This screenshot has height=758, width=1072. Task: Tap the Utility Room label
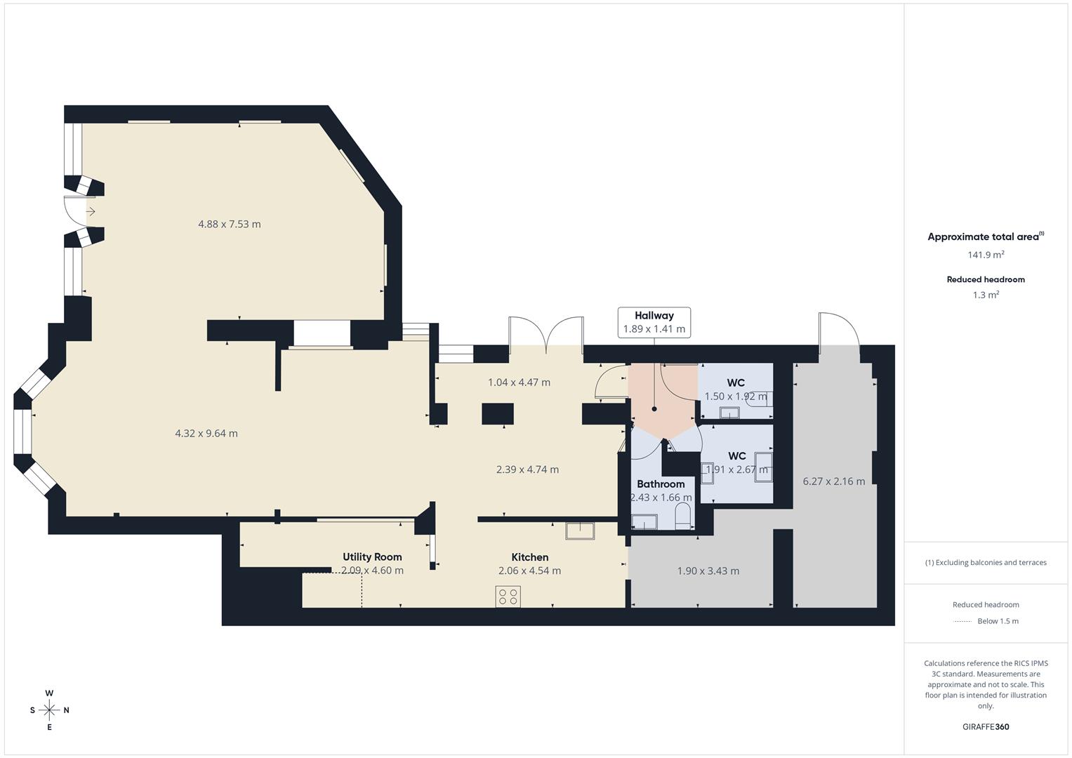point(372,557)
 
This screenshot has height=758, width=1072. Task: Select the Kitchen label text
point(529,557)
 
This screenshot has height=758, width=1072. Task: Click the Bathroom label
point(661,484)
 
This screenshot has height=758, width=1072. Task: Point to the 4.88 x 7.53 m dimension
point(229,224)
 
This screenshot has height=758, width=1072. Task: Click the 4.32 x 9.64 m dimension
point(206,433)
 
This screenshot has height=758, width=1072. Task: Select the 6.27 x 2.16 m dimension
point(833,481)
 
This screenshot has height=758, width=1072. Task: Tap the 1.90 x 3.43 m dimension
point(708,571)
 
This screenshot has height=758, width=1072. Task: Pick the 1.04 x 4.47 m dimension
point(519,383)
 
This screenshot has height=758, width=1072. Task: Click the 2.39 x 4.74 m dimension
point(527,470)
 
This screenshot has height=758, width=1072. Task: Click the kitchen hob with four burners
point(508,597)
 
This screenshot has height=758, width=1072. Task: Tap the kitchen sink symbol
point(580,531)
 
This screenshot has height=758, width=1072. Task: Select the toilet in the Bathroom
point(682,519)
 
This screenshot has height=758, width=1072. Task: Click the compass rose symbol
point(49,710)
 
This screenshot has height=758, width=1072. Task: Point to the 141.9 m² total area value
point(986,255)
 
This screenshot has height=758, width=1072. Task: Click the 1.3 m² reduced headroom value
point(986,295)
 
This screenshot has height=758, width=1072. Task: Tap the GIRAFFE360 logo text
point(986,726)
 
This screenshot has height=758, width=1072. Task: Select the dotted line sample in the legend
point(962,621)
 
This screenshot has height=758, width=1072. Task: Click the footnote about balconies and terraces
point(986,562)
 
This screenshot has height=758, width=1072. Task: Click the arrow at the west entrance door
point(91,211)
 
